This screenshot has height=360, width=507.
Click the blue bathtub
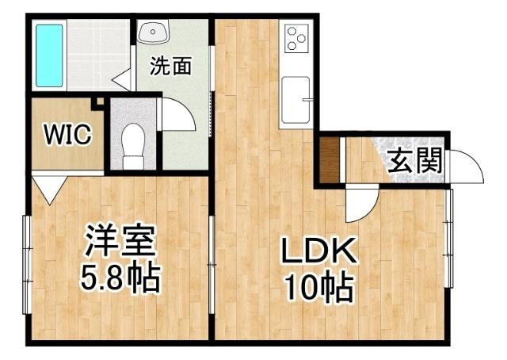pyautogui.click(x=49, y=55)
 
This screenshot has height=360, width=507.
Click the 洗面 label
pyautogui.click(x=171, y=67)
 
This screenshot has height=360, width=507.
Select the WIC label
pyautogui.click(x=67, y=134)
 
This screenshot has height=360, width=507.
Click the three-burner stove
pyautogui.click(x=296, y=38)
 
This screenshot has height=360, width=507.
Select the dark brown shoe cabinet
pyautogui.click(x=330, y=160)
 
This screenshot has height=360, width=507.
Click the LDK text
pyautogui.click(x=318, y=253)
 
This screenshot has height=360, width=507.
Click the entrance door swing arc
pyautogui.click(x=468, y=167)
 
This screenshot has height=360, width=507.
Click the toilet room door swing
pyautogui.click(x=178, y=116)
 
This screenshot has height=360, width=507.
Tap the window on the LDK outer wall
pyautogui.click(x=448, y=239)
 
